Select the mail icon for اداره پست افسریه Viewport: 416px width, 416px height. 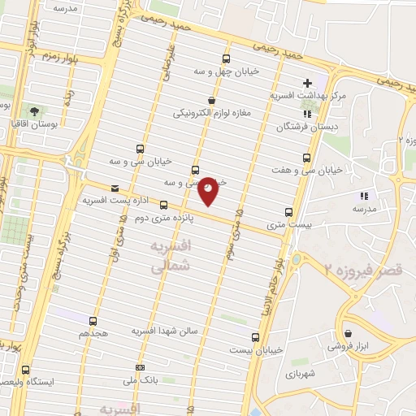coord(115,188)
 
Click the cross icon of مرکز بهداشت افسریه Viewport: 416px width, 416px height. coord(307,83)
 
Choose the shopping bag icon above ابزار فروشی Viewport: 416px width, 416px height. coord(348,332)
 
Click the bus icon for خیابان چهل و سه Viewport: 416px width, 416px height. coord(227,58)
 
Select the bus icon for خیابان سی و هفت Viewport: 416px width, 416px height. coord(306,158)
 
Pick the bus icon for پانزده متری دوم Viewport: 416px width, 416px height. coord(163,205)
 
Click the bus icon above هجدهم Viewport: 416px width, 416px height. coord(93,321)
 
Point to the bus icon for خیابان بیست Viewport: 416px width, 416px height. coord(255,337)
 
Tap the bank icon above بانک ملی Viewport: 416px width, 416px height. coord(140,367)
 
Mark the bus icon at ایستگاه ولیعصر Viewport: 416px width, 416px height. coord(24,369)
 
